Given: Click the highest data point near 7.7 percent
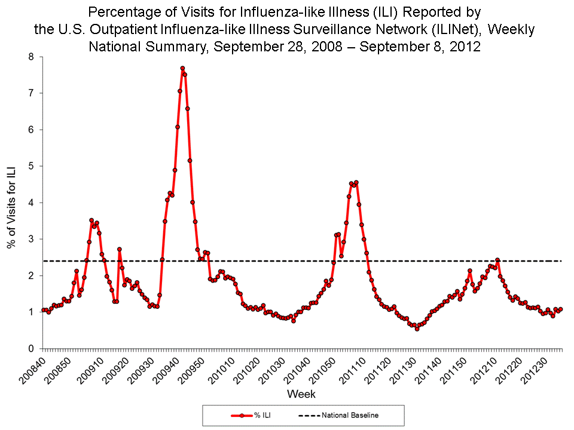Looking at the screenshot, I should [182, 68].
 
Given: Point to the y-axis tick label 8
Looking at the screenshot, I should [33, 57].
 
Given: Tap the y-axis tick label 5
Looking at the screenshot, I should [33, 166].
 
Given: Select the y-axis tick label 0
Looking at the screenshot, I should [33, 348].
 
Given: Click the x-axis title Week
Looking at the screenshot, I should [301, 394].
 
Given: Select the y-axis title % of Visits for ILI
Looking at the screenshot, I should [11, 203].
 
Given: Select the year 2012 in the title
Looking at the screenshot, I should [468, 47].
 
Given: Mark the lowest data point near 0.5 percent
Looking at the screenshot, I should [417, 328].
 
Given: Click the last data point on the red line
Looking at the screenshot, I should [560, 309].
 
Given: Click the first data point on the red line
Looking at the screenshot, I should [43, 310].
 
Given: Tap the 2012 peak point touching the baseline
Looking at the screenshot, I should [497, 260].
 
